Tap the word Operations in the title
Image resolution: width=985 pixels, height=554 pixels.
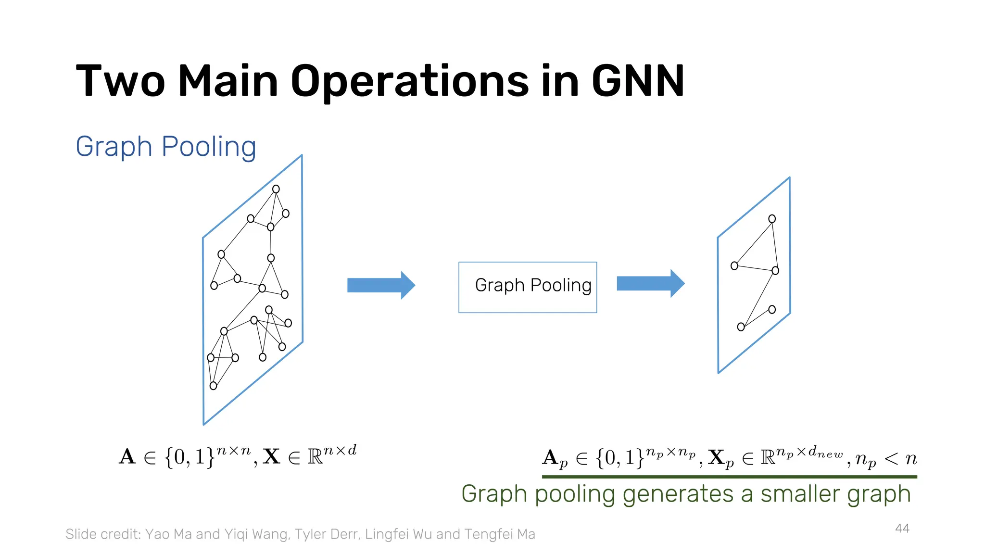409,82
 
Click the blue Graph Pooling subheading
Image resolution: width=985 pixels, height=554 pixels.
165,147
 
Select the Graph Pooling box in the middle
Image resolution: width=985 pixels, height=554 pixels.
528,287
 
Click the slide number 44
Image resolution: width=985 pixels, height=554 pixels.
902,529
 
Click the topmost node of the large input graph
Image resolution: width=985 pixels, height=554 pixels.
276,189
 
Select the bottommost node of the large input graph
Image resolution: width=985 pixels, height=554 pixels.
213,386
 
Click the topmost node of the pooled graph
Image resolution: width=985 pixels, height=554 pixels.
772,219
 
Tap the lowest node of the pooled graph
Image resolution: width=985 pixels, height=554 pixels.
741,327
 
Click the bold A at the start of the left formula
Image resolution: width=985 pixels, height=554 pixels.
127,457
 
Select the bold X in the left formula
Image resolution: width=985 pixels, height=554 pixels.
271,457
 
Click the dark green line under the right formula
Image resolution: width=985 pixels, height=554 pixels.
729,477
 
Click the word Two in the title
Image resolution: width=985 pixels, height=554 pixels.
120,82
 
